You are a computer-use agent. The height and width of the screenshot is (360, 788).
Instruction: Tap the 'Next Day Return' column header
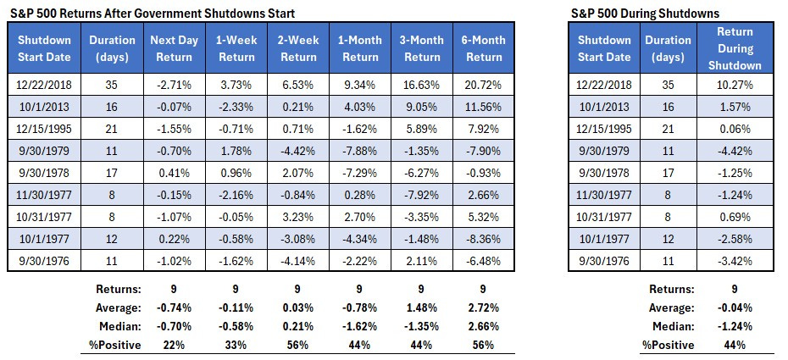pyautogui.click(x=175, y=48)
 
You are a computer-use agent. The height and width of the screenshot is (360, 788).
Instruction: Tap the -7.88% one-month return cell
pyautogui.click(x=358, y=151)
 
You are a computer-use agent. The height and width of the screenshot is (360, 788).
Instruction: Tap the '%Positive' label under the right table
pyautogui.click(x=669, y=345)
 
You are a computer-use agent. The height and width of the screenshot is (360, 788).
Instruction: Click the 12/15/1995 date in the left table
pyautogui.click(x=45, y=130)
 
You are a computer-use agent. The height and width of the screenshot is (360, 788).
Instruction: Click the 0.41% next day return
pyautogui.click(x=175, y=172)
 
